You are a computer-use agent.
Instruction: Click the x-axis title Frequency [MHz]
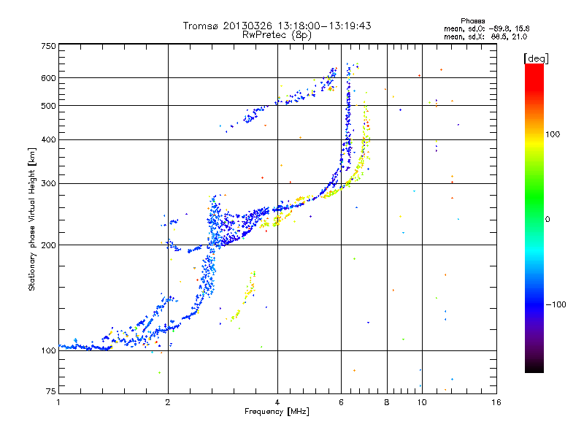coord(277,412)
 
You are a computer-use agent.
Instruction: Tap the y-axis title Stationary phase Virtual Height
coord(32,219)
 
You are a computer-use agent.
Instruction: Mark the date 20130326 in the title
coord(250,26)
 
